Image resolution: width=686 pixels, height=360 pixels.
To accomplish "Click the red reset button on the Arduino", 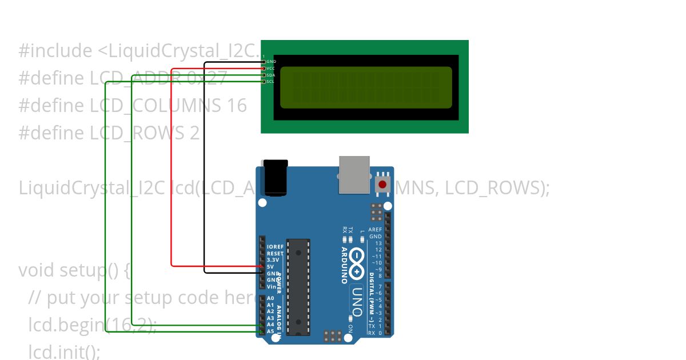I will click(382, 185).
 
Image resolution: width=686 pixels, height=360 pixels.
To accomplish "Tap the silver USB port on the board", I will click(354, 174).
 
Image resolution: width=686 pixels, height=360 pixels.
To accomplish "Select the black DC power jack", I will click(274, 178).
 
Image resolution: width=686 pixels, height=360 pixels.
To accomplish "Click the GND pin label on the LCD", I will click(271, 61).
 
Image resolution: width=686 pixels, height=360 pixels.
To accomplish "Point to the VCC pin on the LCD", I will click(270, 68).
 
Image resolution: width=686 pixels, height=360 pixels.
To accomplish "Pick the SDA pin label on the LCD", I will click(270, 75).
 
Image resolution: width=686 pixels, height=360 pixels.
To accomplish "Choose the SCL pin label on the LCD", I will click(270, 82).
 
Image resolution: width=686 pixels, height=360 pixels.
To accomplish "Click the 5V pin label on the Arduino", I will click(270, 266).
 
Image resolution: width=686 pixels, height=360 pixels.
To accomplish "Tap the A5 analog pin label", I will click(270, 331).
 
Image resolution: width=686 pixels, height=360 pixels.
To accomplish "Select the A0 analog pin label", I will click(270, 298).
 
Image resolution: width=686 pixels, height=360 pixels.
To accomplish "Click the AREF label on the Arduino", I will click(375, 230).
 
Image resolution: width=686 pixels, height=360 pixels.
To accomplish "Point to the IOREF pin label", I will click(275, 247).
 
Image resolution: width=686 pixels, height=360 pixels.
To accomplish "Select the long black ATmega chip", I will click(298, 287).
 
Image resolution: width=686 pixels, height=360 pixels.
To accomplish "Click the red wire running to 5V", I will click(172, 171).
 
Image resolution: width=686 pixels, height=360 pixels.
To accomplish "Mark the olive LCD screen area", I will click(366, 87).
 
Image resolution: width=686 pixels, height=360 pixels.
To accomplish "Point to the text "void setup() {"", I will click(75, 269).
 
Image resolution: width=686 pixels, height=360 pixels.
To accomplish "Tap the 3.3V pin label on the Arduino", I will click(273, 259).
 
